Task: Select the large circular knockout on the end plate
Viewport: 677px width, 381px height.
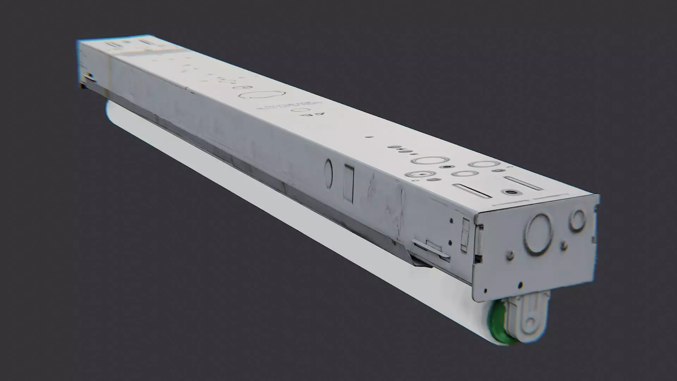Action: [x=538, y=234]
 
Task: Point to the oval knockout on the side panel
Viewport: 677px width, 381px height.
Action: [x=328, y=174]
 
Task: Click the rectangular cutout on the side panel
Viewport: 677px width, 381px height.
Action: [x=348, y=184]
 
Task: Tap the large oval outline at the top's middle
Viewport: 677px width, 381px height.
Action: [x=261, y=95]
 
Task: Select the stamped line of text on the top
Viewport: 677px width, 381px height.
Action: [x=291, y=105]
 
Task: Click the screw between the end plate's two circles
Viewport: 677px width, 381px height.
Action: [x=564, y=244]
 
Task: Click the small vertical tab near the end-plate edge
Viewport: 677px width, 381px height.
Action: [x=465, y=235]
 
